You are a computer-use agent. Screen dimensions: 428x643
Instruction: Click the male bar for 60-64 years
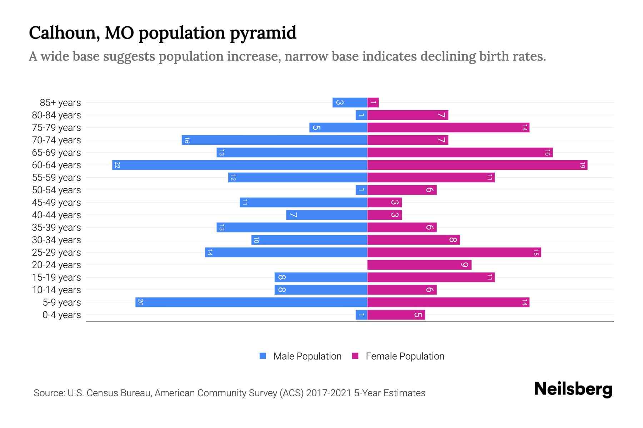point(239,165)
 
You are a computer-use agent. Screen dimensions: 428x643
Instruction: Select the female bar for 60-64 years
point(477,165)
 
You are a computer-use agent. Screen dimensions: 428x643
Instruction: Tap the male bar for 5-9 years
point(251,302)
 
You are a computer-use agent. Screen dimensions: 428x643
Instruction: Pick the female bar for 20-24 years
point(419,265)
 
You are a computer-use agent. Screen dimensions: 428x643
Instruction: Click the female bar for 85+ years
point(373,103)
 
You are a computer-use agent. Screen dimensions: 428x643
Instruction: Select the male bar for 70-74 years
point(274,140)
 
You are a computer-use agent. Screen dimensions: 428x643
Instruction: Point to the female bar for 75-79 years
point(448,128)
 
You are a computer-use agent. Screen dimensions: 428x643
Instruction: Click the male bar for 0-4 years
point(362,315)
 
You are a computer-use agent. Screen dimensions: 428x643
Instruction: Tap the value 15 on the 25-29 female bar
point(536,253)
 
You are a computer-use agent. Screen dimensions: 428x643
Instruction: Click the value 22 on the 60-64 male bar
point(117,165)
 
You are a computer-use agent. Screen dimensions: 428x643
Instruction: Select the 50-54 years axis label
point(56,190)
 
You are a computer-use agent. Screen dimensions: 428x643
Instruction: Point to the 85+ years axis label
point(60,103)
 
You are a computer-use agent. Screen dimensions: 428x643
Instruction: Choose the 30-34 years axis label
point(56,240)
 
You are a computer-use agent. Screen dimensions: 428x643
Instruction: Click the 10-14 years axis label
point(56,290)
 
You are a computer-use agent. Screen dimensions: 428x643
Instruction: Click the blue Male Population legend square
point(263,356)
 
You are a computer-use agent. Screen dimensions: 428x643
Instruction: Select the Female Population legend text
point(405,356)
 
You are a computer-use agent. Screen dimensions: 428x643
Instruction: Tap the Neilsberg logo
point(573,389)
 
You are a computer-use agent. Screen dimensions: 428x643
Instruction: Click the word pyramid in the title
point(263,34)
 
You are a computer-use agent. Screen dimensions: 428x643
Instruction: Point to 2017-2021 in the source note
point(328,393)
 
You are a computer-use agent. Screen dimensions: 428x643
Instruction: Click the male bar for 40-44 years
point(327,215)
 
